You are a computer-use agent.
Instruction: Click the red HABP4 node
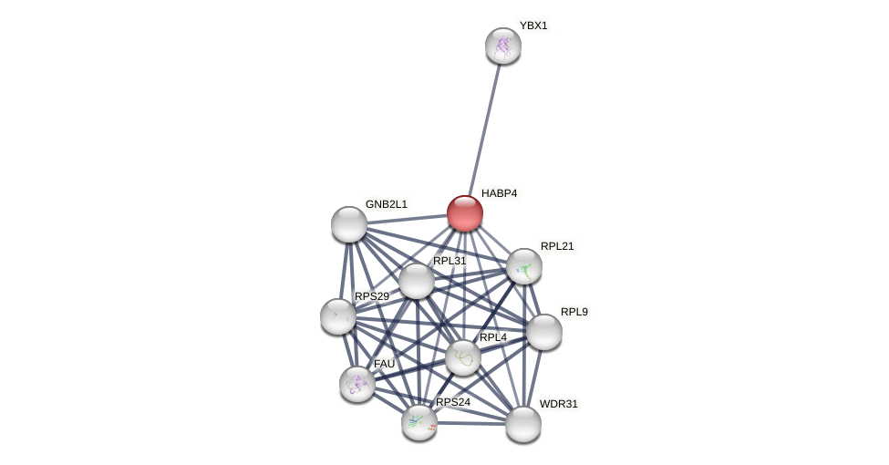[x=465, y=213]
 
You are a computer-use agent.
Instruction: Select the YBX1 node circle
[x=503, y=46]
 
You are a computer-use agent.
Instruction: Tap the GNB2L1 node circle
[x=349, y=224]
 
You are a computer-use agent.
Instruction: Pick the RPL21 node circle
[x=524, y=266]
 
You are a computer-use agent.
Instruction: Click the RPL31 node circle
[x=417, y=281]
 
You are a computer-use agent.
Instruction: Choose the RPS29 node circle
[x=338, y=316]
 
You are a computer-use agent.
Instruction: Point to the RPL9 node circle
[x=544, y=332]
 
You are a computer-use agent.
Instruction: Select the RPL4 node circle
[x=463, y=357]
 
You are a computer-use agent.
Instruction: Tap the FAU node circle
[x=357, y=384]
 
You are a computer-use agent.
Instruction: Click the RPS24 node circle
[x=419, y=422]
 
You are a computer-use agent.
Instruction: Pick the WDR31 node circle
[x=523, y=424]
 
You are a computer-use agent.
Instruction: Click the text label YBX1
[x=533, y=26]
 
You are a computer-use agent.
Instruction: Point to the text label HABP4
[x=499, y=193]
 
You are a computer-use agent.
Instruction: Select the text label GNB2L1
[x=387, y=204]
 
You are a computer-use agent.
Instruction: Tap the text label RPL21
[x=557, y=246]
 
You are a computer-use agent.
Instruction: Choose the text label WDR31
[x=558, y=404]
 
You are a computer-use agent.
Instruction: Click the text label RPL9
[x=574, y=312]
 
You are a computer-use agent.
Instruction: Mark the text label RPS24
[x=453, y=402]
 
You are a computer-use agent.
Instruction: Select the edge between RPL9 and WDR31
[x=534, y=377]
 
